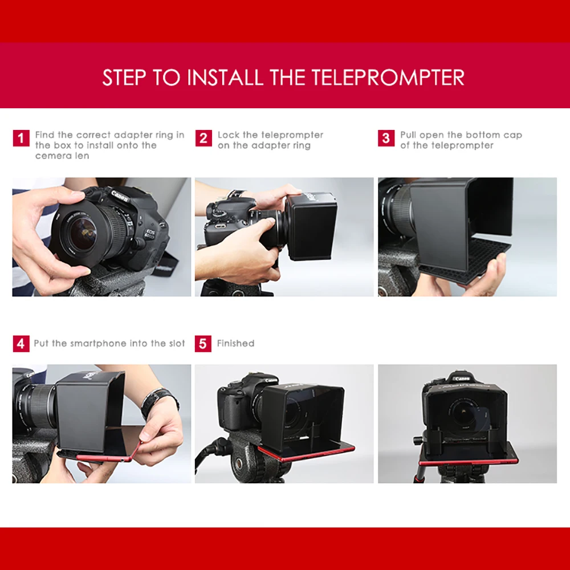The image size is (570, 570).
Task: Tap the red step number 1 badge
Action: (21, 139)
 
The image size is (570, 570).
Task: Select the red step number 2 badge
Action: (203, 139)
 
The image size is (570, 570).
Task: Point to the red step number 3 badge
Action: (386, 139)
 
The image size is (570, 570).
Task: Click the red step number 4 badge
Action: (21, 344)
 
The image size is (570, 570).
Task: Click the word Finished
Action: (235, 343)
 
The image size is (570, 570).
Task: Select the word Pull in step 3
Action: (408, 135)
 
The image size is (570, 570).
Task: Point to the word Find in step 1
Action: (44, 135)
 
